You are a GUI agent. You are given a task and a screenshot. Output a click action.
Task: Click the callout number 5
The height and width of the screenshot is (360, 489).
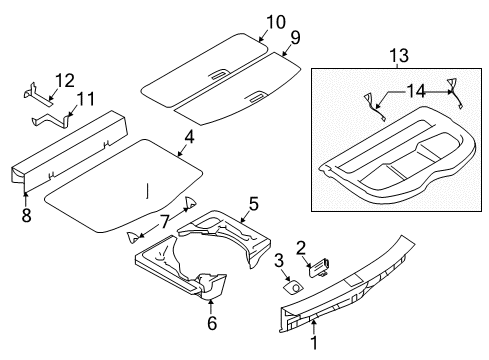pos(254,204)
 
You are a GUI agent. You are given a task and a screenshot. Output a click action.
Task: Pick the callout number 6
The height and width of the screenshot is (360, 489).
pos(211,322)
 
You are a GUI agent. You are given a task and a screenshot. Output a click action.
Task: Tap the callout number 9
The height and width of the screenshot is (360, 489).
pos(294,38)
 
